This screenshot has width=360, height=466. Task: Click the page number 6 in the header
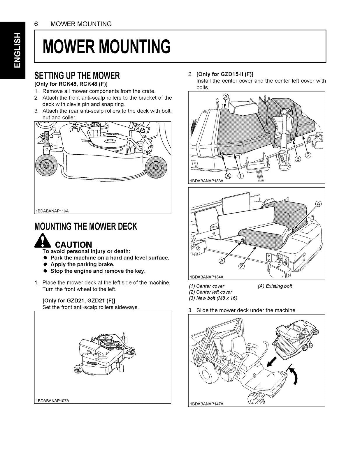click(x=36, y=24)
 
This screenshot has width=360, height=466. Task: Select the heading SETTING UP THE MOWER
click(x=77, y=76)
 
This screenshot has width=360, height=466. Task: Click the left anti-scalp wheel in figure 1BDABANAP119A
click(x=45, y=166)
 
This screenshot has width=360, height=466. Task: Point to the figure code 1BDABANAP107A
click(x=52, y=401)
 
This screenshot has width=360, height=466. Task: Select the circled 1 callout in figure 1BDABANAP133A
click(x=241, y=176)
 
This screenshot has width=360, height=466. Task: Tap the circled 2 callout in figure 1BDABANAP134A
click(x=242, y=266)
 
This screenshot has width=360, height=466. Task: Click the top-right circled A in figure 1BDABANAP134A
click(x=319, y=204)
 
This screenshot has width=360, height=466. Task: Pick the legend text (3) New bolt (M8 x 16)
click(x=213, y=298)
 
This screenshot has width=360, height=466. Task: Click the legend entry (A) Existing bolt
click(x=275, y=286)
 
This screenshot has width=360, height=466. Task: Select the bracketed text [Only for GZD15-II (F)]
click(x=225, y=74)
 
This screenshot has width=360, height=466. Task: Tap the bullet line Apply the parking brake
click(x=82, y=264)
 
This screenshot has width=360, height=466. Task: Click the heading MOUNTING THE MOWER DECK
click(x=85, y=227)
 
